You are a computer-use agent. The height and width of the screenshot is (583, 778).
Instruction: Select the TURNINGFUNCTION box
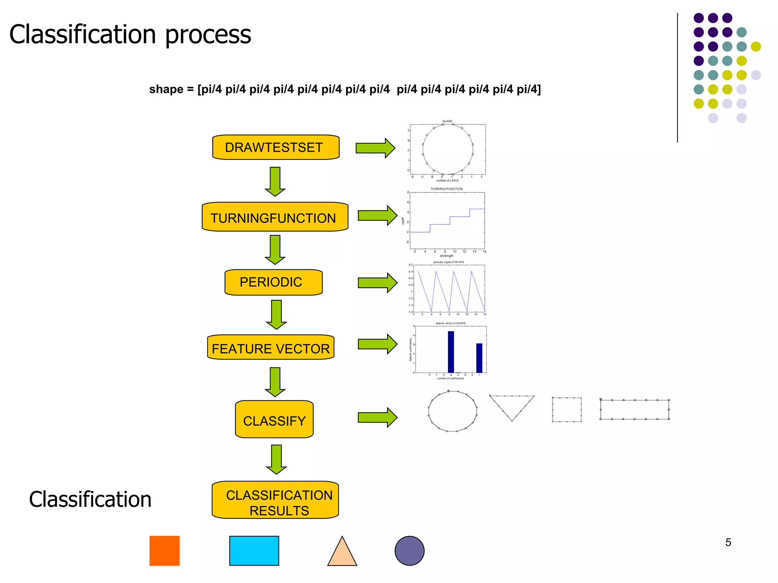point(275,217)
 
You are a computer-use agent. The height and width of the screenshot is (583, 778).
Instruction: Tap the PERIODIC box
point(273,282)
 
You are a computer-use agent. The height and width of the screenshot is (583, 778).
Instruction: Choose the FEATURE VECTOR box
point(270,348)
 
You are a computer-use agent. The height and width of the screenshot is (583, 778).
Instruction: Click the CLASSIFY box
point(274,420)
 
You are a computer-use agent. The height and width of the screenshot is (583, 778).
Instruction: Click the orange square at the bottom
point(164,551)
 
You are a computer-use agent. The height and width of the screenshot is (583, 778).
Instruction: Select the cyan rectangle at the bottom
point(254,551)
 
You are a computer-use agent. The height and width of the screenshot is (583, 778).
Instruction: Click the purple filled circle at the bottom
point(410,551)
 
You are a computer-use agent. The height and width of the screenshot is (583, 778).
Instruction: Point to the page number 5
point(728,542)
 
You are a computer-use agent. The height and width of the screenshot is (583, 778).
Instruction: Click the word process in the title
point(208,35)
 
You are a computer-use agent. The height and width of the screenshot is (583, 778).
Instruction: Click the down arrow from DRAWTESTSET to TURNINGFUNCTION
point(275,181)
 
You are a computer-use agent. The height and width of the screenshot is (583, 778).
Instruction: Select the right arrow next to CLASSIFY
point(377,418)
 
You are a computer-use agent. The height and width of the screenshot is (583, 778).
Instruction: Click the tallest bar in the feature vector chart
point(451,352)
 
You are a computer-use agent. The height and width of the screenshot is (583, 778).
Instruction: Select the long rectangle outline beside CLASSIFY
point(634,410)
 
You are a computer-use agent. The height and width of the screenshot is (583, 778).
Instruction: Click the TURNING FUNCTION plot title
point(447,189)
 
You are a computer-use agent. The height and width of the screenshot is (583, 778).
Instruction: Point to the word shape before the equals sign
point(166,90)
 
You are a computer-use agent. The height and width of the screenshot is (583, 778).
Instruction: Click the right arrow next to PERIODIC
point(377,283)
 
